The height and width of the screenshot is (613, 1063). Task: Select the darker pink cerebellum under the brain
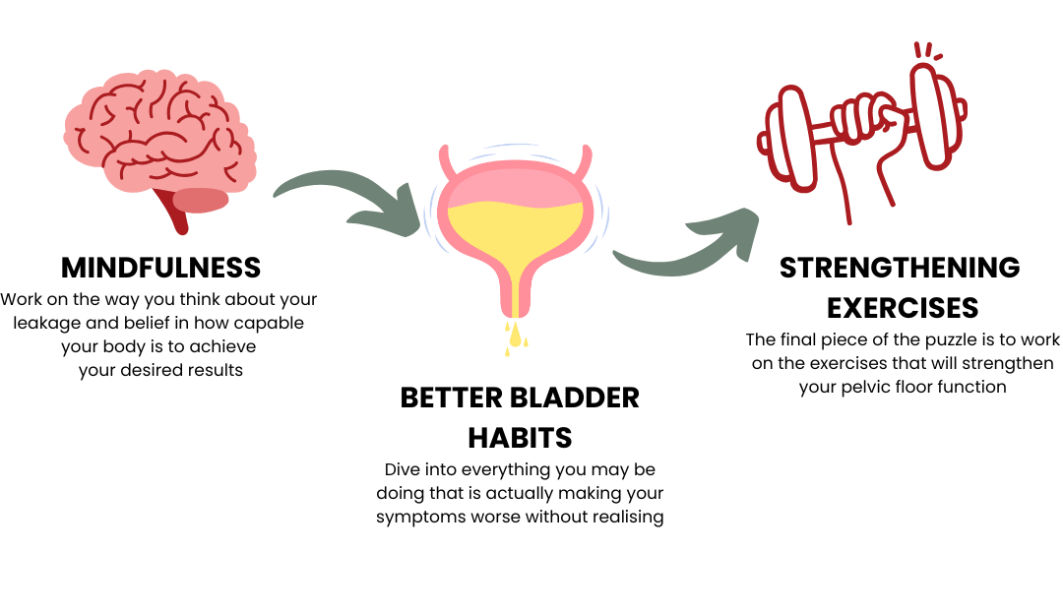pyautogui.click(x=202, y=200)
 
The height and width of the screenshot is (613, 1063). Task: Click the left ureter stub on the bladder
pyautogui.click(x=445, y=160)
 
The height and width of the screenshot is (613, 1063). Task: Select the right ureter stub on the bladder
pyautogui.click(x=588, y=160)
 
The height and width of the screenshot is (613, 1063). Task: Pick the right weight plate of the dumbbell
pyautogui.click(x=935, y=116)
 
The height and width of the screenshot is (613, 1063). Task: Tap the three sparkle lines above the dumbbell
pyautogui.click(x=926, y=50)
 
